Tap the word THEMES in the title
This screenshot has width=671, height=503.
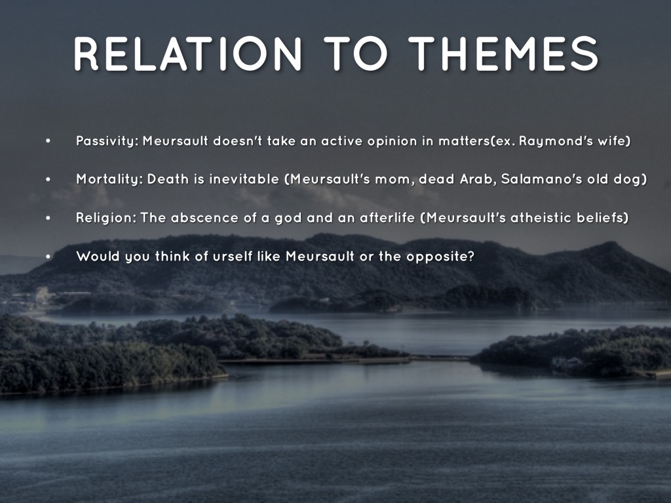click(x=503, y=54)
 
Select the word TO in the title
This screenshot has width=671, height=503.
click(x=356, y=54)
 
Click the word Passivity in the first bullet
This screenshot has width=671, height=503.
click(x=107, y=141)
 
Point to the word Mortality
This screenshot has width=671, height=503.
click(x=109, y=179)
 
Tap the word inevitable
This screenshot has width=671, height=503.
click(x=244, y=179)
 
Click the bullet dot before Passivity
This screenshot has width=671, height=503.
click(x=48, y=141)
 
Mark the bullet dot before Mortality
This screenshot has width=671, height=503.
click(x=48, y=179)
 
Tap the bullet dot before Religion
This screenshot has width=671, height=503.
click(x=48, y=217)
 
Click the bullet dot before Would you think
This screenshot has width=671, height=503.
click(x=48, y=256)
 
